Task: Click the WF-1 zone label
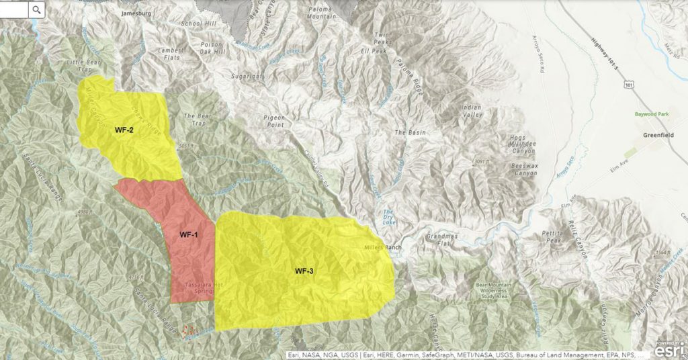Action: (188, 235)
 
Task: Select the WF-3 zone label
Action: (304, 271)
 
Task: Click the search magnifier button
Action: (36, 9)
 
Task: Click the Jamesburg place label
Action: (136, 13)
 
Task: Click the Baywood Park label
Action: (651, 114)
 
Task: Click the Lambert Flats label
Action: (170, 54)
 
